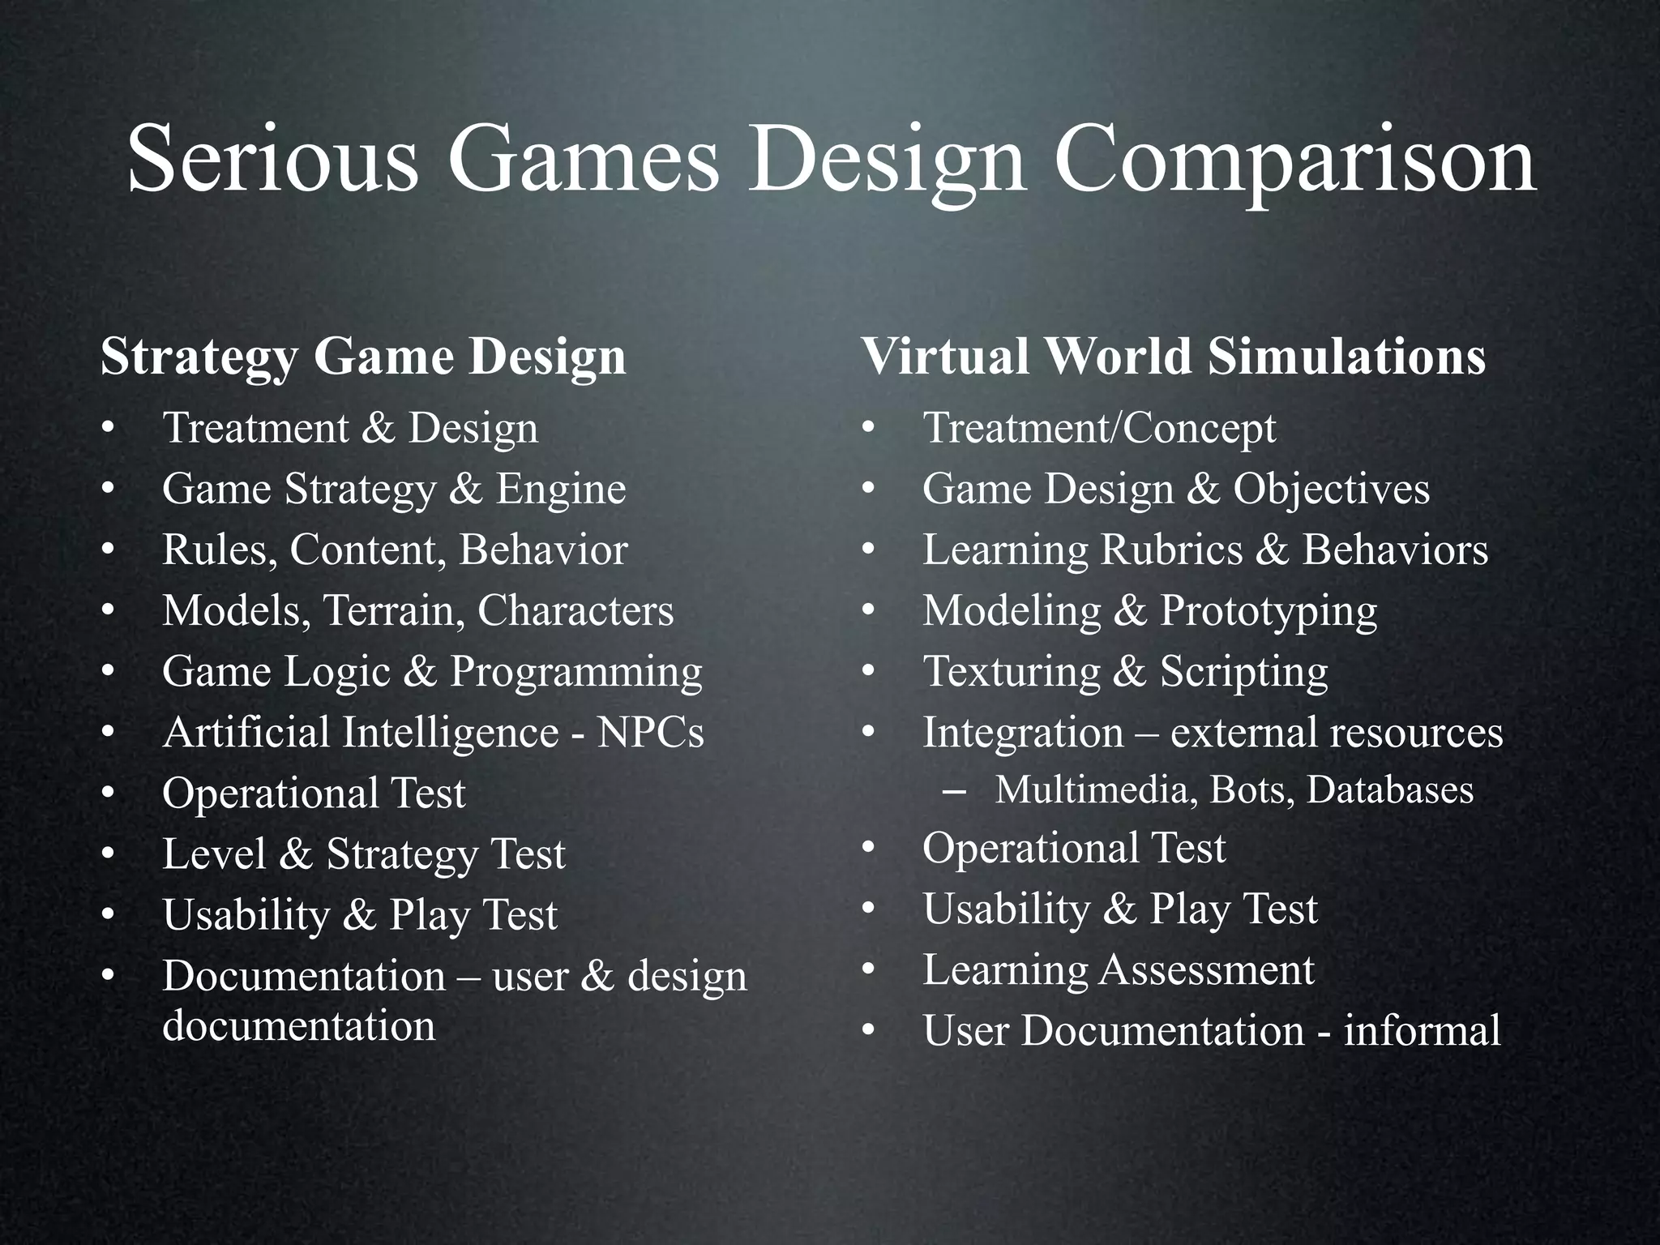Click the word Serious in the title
(272, 159)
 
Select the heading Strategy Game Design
(363, 357)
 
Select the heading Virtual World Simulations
(1173, 357)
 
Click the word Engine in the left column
(561, 490)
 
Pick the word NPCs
(650, 732)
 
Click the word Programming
(576, 673)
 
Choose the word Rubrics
(1171, 550)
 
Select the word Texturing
(1012, 673)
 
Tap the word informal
(1422, 1031)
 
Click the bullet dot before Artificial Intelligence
(108, 734)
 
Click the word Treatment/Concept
(1099, 429)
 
